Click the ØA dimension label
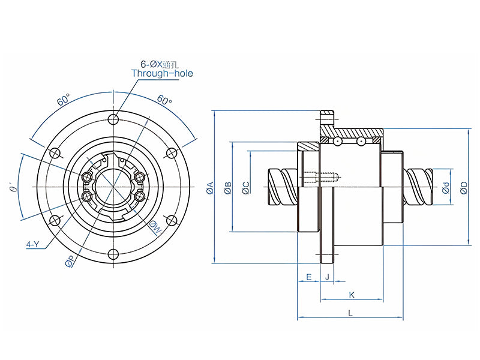coord(209,188)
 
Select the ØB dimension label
coord(227,188)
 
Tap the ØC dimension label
coord(246,188)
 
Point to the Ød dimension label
coord(446,188)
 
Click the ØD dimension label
coord(464,188)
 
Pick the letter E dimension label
coord(308,277)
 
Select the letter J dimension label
coord(327,277)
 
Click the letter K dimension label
coord(352,295)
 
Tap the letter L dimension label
coord(350,313)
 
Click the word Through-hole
coord(162,74)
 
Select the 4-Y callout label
coord(33,244)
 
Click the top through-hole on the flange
coord(113,119)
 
